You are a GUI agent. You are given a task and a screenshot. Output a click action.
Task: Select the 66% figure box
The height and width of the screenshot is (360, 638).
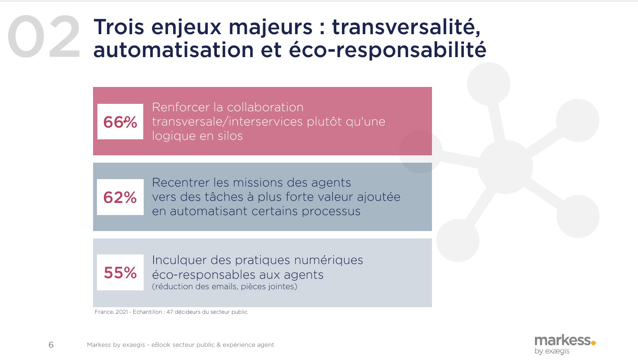(120, 122)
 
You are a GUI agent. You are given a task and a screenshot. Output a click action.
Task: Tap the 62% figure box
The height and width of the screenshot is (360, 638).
(120, 197)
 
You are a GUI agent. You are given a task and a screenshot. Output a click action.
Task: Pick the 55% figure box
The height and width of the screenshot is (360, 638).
(120, 273)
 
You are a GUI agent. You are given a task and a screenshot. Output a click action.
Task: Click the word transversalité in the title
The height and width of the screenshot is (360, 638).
(406, 27)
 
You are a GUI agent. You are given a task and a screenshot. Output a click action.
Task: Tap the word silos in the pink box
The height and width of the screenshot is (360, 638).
(230, 136)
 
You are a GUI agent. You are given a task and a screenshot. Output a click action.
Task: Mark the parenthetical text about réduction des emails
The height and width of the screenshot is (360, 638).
(225, 286)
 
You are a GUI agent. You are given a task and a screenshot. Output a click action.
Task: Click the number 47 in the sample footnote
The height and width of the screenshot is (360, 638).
(170, 312)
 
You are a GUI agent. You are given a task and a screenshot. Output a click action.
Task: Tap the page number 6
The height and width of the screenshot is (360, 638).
(51, 345)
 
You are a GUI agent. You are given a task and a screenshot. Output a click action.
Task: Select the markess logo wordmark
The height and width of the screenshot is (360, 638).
(562, 340)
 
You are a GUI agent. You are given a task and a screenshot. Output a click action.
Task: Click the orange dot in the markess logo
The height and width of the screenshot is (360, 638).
(593, 343)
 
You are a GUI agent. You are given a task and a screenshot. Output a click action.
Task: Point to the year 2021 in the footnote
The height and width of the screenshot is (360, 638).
(122, 312)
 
